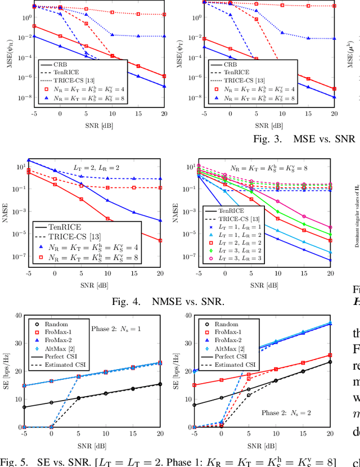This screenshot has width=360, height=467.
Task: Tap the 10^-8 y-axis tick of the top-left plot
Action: (17, 98)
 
